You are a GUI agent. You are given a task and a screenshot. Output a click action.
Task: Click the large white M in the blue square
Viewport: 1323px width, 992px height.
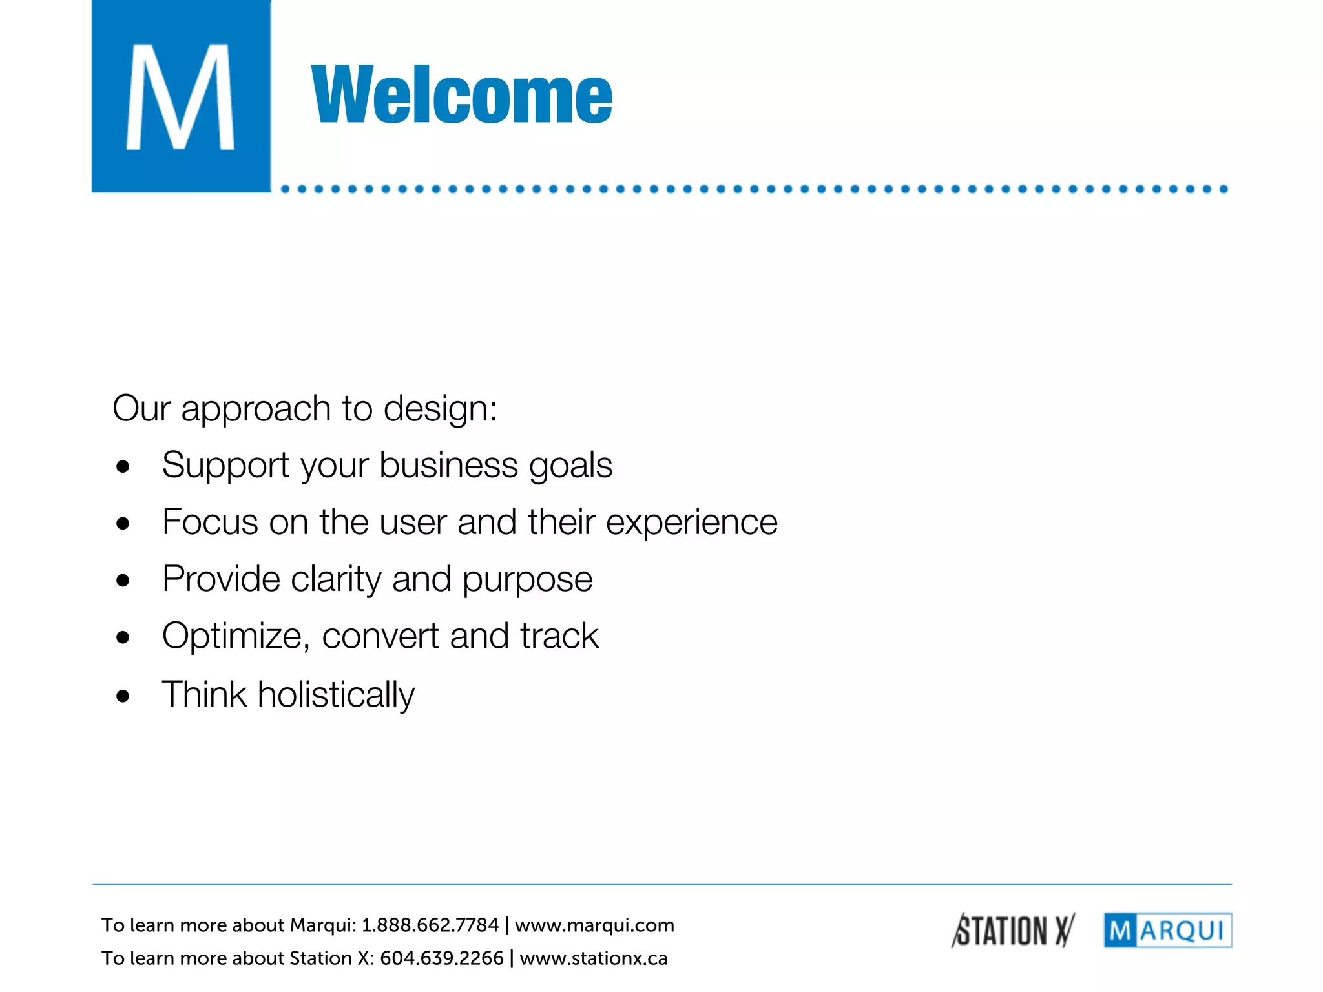coord(180,97)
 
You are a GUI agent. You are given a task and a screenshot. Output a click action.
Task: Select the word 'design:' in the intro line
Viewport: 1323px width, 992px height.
coord(440,409)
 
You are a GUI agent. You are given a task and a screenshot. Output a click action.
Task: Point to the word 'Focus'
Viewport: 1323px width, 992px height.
coord(210,522)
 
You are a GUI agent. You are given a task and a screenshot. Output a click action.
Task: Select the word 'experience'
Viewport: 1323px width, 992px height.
coord(691,523)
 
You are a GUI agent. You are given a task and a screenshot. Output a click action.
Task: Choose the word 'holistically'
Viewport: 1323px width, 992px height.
coord(336,695)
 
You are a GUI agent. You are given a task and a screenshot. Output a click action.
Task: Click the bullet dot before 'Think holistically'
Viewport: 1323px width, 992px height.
coord(123,696)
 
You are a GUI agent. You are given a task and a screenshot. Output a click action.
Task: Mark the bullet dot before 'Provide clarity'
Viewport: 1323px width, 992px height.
coord(123,580)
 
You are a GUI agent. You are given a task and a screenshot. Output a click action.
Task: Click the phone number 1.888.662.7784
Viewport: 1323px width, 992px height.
coord(430,925)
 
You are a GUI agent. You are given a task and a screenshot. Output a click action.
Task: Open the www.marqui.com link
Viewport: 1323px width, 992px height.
coord(594,925)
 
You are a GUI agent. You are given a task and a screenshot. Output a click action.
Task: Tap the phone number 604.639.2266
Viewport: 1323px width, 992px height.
coord(441,958)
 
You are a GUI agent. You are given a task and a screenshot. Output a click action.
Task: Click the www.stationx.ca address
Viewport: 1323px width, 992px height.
coord(593,958)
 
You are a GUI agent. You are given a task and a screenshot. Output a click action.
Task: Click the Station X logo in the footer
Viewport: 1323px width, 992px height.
coord(1012,930)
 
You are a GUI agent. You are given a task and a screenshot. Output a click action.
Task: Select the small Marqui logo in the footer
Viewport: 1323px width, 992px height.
coord(1167,930)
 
